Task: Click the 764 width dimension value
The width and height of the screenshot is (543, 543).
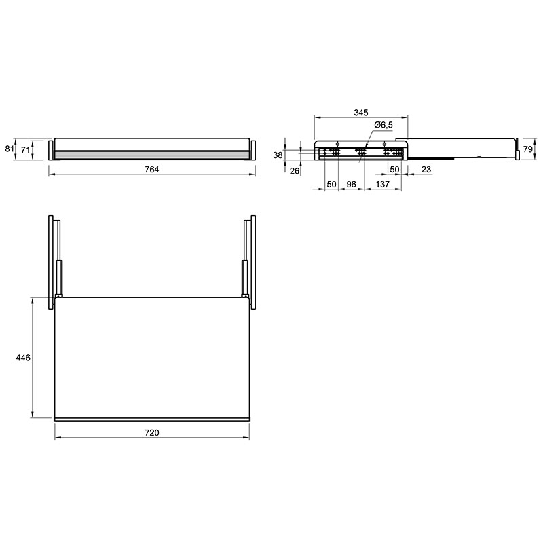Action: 151,169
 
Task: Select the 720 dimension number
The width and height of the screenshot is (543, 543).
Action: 151,433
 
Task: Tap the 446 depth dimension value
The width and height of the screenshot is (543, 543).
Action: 23,358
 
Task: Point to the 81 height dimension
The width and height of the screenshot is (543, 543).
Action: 9,149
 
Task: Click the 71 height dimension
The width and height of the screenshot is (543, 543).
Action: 25,150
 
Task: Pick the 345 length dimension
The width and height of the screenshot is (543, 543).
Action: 361,113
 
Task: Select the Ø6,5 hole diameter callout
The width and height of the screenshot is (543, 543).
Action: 383,125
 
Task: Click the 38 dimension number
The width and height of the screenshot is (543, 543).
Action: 278,155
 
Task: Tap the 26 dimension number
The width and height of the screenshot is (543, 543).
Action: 295,171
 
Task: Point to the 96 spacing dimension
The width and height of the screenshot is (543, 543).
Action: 351,184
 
